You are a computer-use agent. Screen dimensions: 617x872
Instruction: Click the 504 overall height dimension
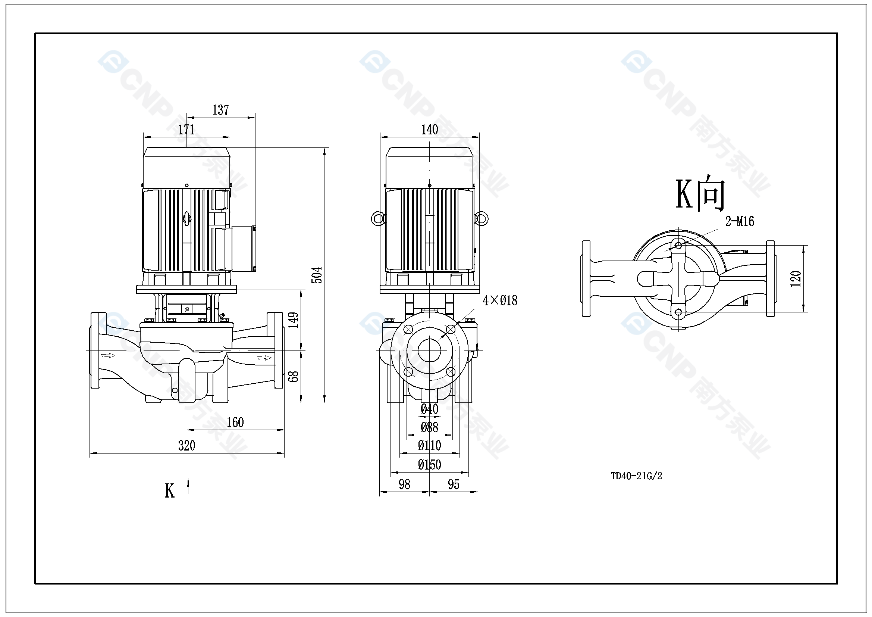[x=317, y=275]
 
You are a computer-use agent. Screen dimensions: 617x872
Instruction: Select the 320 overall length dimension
[x=187, y=446]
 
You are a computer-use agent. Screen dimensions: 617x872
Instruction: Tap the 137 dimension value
[x=221, y=110]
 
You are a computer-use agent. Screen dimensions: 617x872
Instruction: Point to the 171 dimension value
[x=186, y=130]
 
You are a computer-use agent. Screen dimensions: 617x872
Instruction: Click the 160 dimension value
[x=235, y=423]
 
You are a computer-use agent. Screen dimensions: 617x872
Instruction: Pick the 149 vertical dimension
[x=294, y=320]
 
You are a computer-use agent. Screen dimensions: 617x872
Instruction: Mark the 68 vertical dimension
[x=294, y=376]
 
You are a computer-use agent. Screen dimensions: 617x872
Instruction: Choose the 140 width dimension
[x=430, y=130]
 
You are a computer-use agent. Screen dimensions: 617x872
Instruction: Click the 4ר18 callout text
[x=500, y=301]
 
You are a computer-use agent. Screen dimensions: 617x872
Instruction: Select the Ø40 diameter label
[x=430, y=409]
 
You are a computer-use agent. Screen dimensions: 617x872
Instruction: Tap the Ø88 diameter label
[x=430, y=428]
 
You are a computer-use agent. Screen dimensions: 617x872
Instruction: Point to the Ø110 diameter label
[x=430, y=446]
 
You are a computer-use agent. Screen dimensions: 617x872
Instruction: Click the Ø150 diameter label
[x=430, y=465]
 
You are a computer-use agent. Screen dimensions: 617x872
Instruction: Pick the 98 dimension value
[x=404, y=484]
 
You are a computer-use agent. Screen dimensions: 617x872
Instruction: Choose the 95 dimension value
[x=454, y=484]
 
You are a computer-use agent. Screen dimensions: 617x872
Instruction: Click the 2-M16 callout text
[x=740, y=221]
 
